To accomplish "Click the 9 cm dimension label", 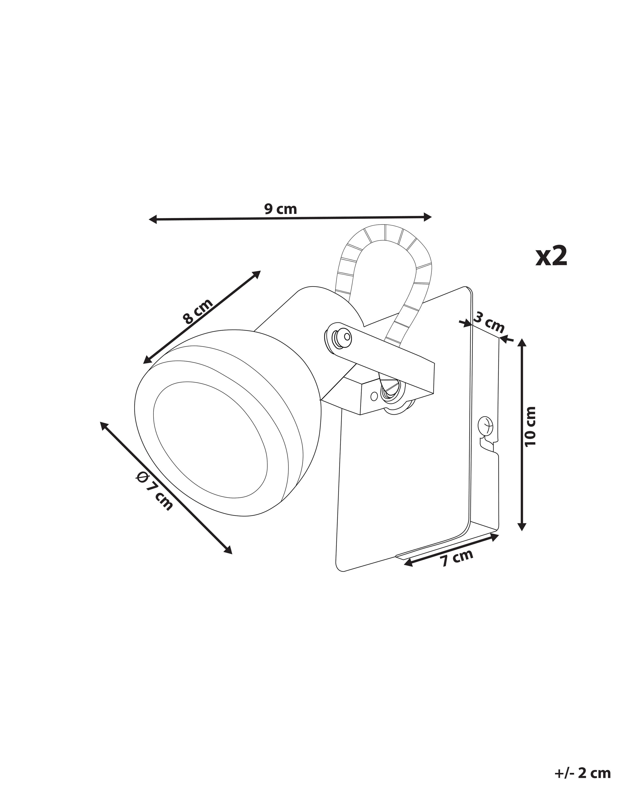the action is click(x=280, y=209).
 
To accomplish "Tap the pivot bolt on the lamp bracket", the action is click(x=337, y=337).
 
